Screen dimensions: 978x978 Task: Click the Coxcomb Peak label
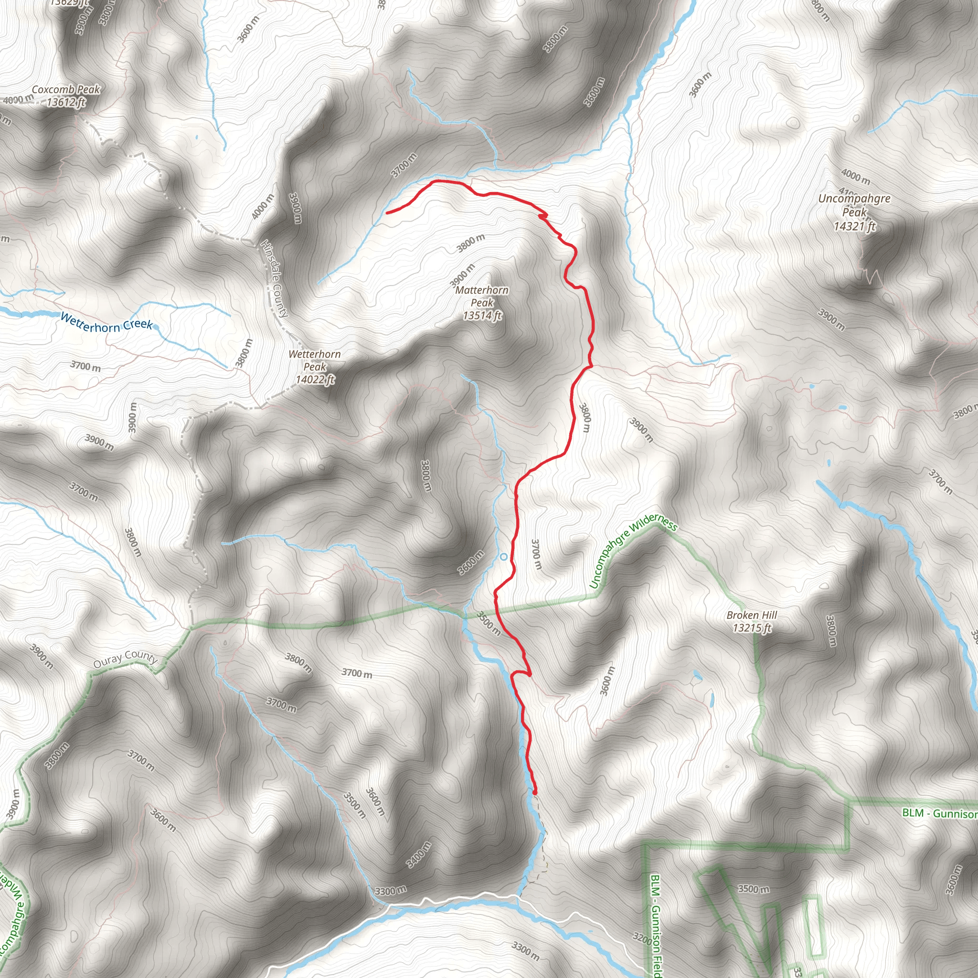[66, 90]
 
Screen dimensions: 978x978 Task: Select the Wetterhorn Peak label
[314, 360]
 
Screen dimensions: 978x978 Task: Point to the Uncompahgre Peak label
[854, 205]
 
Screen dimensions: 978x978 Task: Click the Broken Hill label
[751, 615]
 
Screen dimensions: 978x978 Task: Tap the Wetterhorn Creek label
[106, 322]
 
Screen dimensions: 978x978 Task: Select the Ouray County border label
[126, 659]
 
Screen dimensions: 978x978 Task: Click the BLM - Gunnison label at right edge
[939, 813]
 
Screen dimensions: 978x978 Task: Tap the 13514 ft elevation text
[482, 316]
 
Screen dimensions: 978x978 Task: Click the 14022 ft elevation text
[315, 379]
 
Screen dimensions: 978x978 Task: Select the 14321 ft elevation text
[854, 226]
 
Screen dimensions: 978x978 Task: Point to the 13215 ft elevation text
[751, 628]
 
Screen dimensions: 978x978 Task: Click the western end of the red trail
[387, 213]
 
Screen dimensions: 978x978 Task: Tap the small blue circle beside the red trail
[503, 557]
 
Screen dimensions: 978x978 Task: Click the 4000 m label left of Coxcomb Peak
[18, 100]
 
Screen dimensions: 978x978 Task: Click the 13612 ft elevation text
[66, 102]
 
